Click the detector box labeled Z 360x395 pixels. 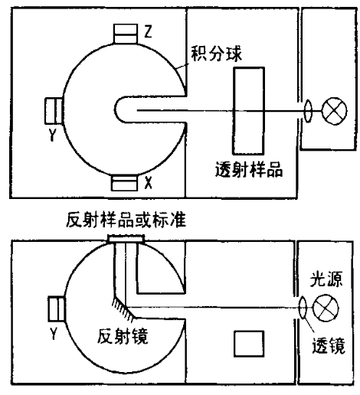click(x=126, y=34)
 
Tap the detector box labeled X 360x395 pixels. click(x=124, y=183)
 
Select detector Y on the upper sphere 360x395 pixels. click(x=54, y=111)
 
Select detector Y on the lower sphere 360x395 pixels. click(x=57, y=308)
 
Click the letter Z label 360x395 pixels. click(x=148, y=31)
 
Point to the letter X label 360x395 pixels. click(x=148, y=182)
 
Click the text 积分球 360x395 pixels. click(x=216, y=54)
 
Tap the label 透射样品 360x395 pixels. click(x=249, y=169)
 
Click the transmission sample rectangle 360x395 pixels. click(x=248, y=111)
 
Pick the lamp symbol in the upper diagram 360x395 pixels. click(x=335, y=111)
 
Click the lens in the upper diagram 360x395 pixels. click(x=308, y=111)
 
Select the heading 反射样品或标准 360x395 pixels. click(x=126, y=220)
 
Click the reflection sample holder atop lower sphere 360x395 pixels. click(x=126, y=239)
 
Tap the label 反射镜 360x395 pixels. click(x=123, y=336)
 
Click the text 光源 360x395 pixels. click(x=326, y=279)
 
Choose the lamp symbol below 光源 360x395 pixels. click(x=326, y=308)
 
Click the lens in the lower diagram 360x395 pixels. click(x=303, y=308)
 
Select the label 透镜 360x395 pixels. click(x=329, y=345)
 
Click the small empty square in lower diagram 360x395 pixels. click(x=249, y=344)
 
